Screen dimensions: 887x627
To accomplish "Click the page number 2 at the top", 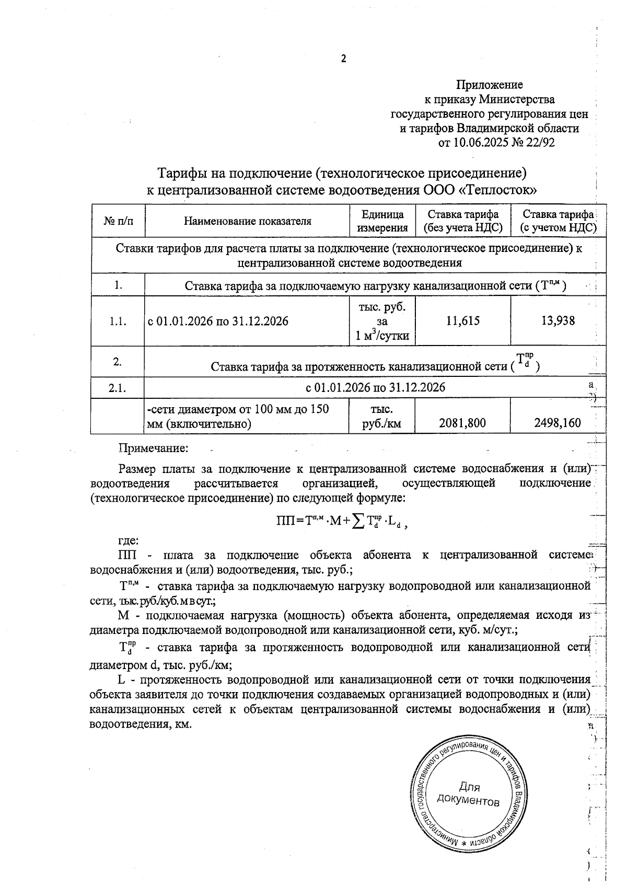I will pos(343,59).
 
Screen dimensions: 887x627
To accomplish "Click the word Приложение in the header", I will pos(490,85).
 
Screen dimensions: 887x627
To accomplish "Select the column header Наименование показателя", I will pos(247,221).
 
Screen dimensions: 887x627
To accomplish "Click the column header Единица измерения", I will pos(382,221).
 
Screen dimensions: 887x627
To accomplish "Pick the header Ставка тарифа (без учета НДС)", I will pos(462,221).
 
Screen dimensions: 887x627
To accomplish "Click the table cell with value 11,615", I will pos(462,321).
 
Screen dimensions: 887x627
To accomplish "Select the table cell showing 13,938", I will pos(558,321).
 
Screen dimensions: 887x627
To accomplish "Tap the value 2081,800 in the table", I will pos(462,423).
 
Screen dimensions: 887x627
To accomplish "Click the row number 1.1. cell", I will pos(118,321).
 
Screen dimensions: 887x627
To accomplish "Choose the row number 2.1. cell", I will pos(118,387).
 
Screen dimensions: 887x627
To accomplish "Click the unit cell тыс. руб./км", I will pos(382,417).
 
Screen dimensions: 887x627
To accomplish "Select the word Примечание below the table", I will pos(153,448).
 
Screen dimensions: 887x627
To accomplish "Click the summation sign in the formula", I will pos(358,522).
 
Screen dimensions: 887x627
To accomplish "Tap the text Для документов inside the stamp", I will pos(469,794).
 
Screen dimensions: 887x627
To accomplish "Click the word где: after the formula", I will pos(128,540).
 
